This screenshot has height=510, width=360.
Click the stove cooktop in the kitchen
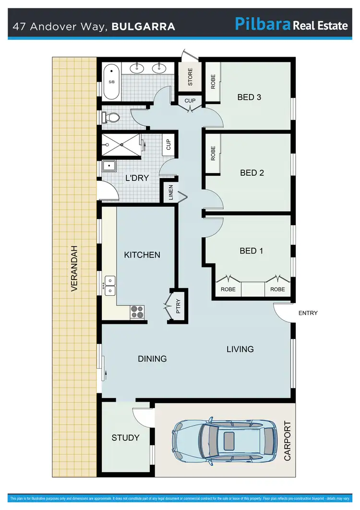[137, 312]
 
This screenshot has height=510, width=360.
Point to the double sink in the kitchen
[110, 285]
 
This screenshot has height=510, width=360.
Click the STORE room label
[190, 77]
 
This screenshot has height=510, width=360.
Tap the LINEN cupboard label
[170, 193]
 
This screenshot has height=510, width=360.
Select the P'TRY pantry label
[178, 306]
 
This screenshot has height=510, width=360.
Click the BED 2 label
[252, 172]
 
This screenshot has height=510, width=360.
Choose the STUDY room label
[125, 437]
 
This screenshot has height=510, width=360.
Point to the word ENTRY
[308, 313]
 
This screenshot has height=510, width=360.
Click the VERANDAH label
[74, 269]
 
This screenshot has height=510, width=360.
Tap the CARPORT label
[288, 441]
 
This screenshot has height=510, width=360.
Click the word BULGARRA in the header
[143, 26]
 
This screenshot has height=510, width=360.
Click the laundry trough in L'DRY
[109, 166]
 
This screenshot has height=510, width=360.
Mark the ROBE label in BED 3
[213, 81]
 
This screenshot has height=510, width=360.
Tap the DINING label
[152, 359]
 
